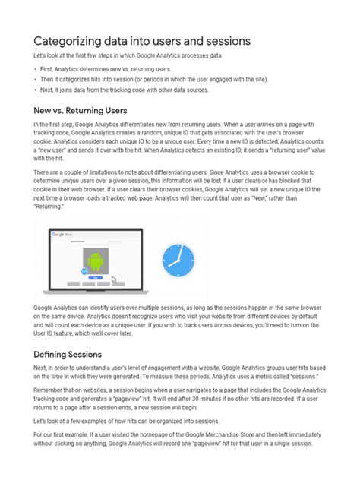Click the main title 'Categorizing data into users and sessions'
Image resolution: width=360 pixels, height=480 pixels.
(142, 40)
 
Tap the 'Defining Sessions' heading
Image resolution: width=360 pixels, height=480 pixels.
(74, 355)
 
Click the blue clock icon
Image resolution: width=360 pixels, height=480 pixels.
(178, 261)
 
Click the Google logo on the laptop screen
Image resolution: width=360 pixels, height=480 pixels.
(57, 235)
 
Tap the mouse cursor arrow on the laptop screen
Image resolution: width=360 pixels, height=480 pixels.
(114, 280)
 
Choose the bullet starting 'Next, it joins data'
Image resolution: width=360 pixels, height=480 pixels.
(122, 90)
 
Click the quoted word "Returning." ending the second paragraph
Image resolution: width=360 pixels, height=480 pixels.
(49, 206)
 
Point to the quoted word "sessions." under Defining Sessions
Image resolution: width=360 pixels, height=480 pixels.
(301, 377)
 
